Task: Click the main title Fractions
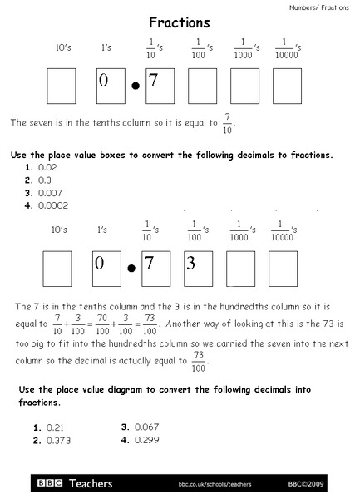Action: coord(179,23)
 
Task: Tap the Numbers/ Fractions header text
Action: coord(319,7)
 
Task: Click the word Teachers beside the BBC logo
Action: coord(88,482)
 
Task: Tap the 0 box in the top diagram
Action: coord(110,85)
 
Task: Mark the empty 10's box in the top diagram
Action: coord(61,85)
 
